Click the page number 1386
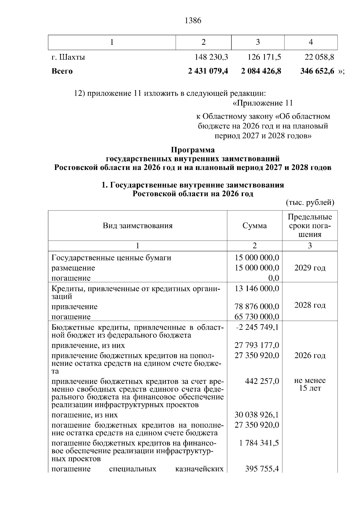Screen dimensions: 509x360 coord(193,21)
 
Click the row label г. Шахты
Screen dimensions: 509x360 coord(68,57)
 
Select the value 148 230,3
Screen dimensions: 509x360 coord(211,57)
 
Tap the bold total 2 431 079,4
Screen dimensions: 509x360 coord(208,71)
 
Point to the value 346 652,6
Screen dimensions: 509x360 coord(317,71)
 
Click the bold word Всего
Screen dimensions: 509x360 coord(62,71)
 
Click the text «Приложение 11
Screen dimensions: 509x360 coord(262,103)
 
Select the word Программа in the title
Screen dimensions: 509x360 coord(193,150)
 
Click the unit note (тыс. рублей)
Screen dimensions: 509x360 coord(310,203)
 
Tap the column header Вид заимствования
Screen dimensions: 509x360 coord(138,225)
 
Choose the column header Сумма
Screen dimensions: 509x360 coord(254,225)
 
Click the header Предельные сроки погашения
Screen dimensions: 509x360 coord(310,225)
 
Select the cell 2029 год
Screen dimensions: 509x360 coord(310,268)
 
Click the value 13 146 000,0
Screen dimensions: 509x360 coord(257,288)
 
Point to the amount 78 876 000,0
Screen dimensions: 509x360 coord(257,306)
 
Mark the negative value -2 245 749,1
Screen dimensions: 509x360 coord(257,327)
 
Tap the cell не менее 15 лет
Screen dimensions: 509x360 coord(310,384)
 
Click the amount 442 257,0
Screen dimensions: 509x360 coord(262,381)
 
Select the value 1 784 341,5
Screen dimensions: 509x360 coord(259,443)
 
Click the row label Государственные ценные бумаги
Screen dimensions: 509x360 coord(111,257)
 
